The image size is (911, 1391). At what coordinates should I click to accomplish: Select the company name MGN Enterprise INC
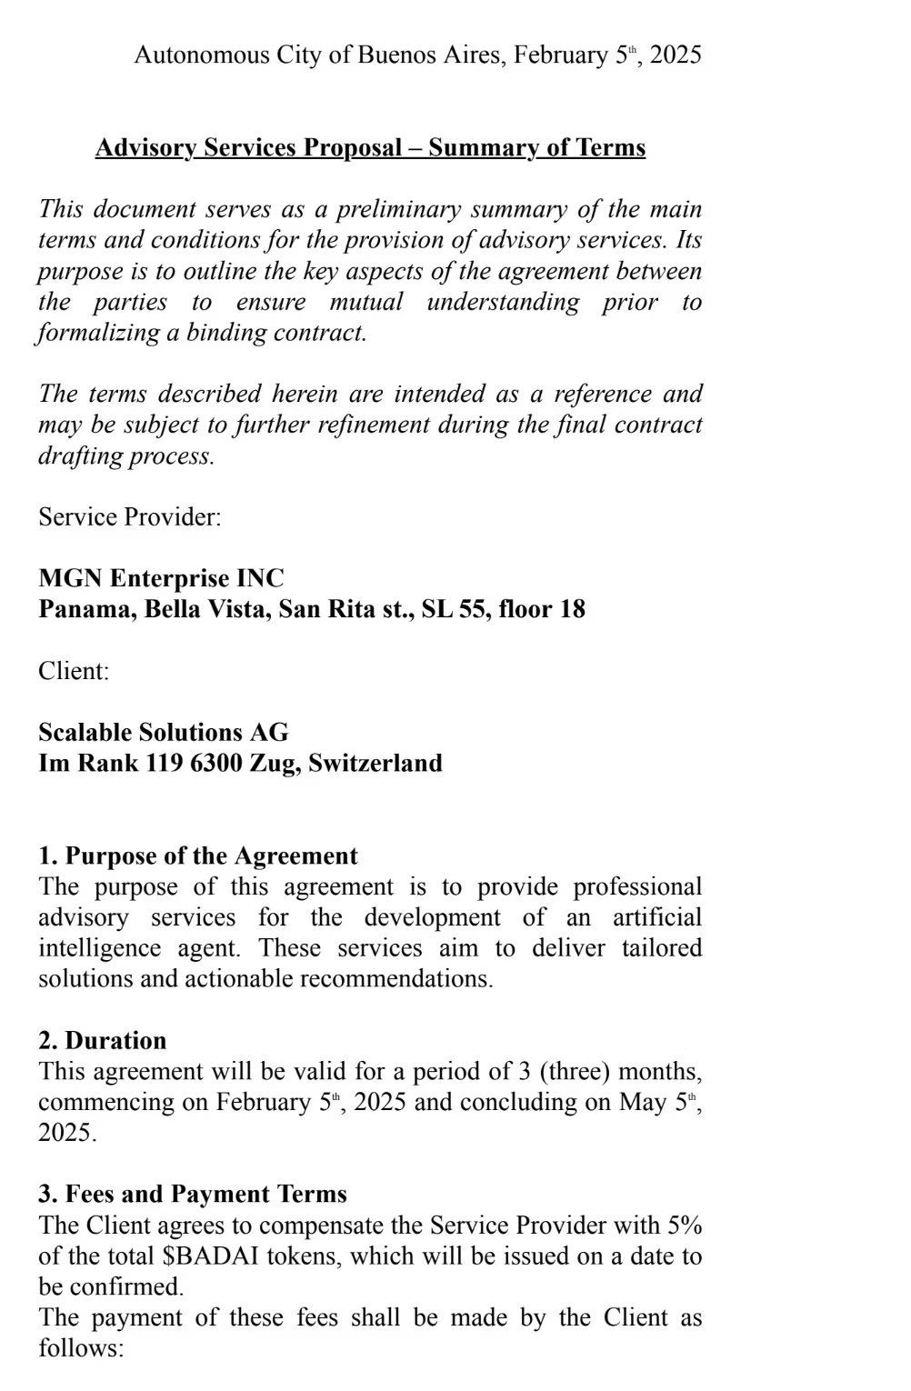161,578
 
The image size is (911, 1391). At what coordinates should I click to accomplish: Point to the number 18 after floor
572,609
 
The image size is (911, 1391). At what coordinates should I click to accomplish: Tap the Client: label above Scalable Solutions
74,671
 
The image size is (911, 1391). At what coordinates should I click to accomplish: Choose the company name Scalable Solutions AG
164,733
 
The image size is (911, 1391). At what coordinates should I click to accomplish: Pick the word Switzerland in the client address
375,763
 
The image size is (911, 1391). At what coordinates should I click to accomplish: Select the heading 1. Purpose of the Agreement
198,856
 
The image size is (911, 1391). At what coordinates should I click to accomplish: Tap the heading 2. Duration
103,1041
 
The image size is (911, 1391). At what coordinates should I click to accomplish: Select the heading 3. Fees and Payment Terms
193,1195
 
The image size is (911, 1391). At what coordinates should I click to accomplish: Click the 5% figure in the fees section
685,1226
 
